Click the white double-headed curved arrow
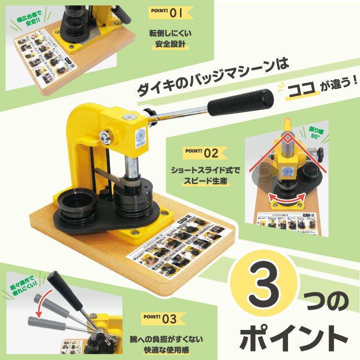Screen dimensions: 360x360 (287, 199)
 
